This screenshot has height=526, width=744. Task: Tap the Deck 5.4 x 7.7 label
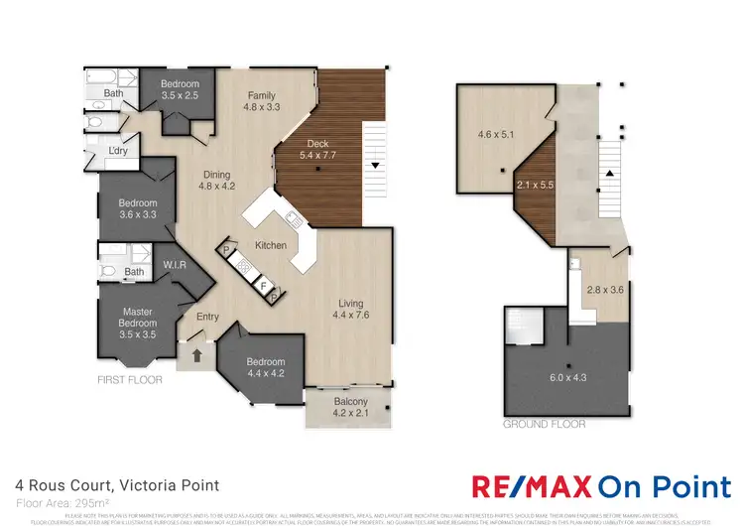[x=319, y=150]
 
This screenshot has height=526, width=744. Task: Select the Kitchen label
[x=271, y=245]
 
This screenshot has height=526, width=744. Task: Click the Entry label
[x=207, y=317]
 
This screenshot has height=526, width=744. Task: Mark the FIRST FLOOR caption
[x=130, y=380]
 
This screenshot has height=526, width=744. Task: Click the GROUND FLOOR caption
[x=543, y=424]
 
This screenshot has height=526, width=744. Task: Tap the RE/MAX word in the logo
[x=530, y=486]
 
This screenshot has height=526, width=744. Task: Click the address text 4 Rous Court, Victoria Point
[x=118, y=485]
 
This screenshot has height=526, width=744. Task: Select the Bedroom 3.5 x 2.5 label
[x=181, y=90]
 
